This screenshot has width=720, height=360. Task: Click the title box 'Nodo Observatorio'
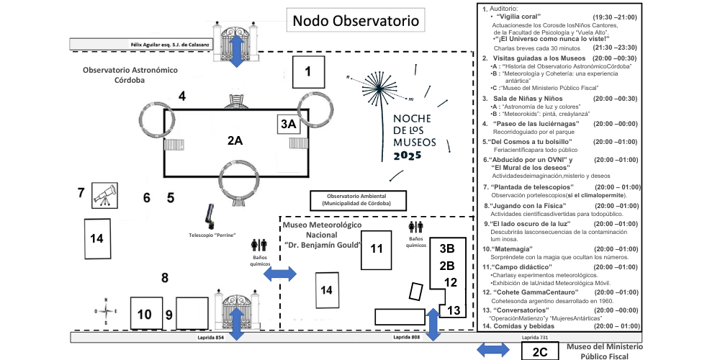tap(354, 22)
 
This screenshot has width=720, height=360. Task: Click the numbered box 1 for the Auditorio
tap(308, 71)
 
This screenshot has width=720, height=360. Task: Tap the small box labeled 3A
tap(288, 124)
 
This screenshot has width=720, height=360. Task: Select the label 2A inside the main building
tap(234, 141)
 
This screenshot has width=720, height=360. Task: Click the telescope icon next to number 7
tap(104, 194)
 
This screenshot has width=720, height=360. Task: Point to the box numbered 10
tap(145, 314)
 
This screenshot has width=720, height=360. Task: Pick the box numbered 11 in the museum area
tap(376, 249)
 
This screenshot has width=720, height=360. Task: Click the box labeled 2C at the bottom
tap(540, 351)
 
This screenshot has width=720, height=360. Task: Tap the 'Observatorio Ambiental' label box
tap(357, 199)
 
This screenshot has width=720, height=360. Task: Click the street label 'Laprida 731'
tap(535, 337)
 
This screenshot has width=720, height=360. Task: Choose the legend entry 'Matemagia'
tap(513, 249)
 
